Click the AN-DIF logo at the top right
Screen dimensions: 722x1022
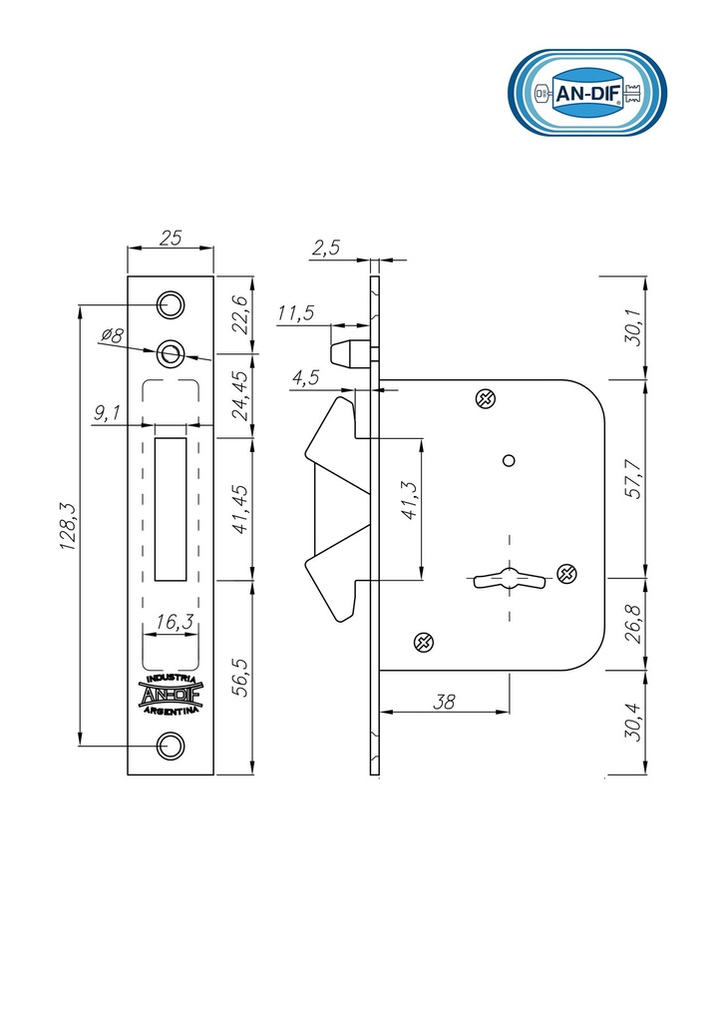coord(587,93)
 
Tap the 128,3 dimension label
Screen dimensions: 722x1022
coord(69,526)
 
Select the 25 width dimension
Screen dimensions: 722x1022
coord(170,238)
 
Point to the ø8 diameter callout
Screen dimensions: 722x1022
coord(113,335)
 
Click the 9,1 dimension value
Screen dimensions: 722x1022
coord(107,412)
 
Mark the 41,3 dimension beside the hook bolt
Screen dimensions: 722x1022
coord(409,500)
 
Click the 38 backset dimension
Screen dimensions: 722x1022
coord(444,702)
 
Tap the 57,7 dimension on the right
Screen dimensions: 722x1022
coord(632,479)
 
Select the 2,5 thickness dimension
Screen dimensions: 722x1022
coord(325,248)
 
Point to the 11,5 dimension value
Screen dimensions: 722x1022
coord(295,312)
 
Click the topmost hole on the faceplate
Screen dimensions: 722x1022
coord(171,304)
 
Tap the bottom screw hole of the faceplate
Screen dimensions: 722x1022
coord(172,746)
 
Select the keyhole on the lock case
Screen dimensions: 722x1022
coord(510,578)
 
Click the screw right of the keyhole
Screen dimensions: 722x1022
coord(567,573)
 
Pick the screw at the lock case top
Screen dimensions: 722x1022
coord(485,398)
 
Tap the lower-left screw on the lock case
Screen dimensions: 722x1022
coord(424,643)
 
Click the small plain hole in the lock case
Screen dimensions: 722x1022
coord(510,461)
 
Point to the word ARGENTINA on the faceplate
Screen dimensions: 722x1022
coord(171,710)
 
